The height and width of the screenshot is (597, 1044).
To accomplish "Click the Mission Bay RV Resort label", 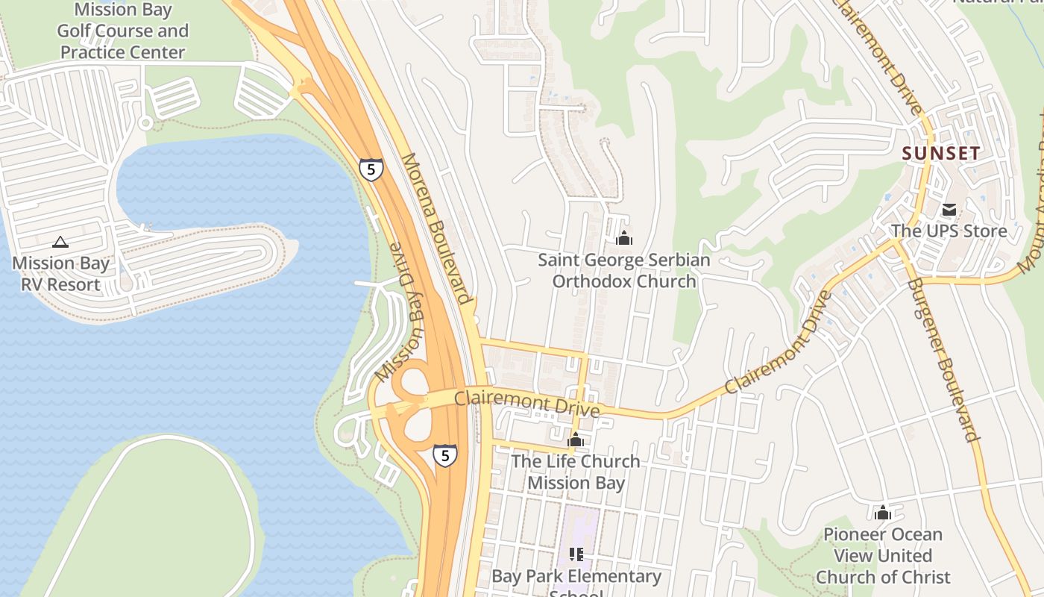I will pyautogui.click(x=60, y=274).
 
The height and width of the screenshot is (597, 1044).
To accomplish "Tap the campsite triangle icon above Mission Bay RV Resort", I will pyautogui.click(x=60, y=242).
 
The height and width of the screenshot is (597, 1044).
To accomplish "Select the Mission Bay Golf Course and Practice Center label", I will pyautogui.click(x=122, y=31).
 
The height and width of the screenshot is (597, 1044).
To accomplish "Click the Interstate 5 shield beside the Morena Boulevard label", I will pyautogui.click(x=371, y=169).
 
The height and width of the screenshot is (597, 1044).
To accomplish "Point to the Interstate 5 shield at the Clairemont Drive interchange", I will pyautogui.click(x=445, y=454).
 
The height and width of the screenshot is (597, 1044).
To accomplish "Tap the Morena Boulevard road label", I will pyautogui.click(x=436, y=228).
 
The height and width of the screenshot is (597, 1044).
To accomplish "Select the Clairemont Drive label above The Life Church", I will pyautogui.click(x=526, y=404).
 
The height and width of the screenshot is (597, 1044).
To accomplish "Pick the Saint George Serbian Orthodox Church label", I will pyautogui.click(x=624, y=271).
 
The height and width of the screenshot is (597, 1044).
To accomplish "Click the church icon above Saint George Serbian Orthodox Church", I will pyautogui.click(x=624, y=238).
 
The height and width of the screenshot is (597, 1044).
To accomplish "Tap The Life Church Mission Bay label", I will pyautogui.click(x=575, y=472).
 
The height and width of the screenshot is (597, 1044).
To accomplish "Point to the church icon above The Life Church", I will pyautogui.click(x=575, y=440).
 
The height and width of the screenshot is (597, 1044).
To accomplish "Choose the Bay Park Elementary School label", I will pyautogui.click(x=576, y=581).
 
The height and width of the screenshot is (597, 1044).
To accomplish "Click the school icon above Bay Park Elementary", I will pyautogui.click(x=576, y=554).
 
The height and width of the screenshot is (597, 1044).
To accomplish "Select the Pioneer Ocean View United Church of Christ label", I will pyautogui.click(x=883, y=556).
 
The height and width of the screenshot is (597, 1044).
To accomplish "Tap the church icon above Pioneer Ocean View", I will pyautogui.click(x=883, y=513).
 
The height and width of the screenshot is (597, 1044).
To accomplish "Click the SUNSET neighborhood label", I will pyautogui.click(x=941, y=154).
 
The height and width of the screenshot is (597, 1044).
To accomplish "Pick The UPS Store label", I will pyautogui.click(x=949, y=231).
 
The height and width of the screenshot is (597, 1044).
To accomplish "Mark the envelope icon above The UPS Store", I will pyautogui.click(x=949, y=210).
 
